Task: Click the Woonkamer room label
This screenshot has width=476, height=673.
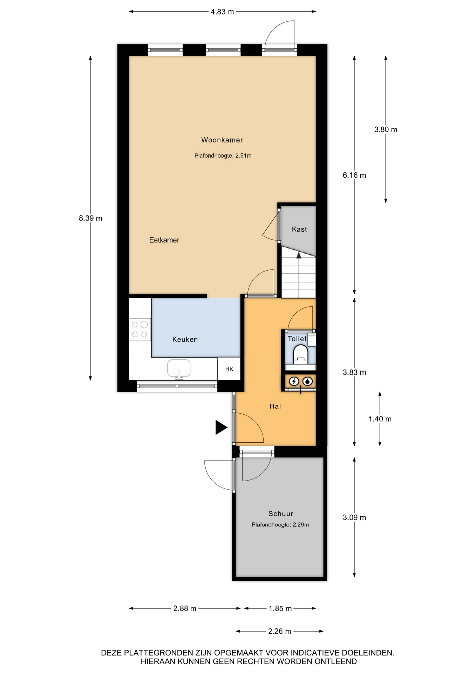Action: (x=222, y=140)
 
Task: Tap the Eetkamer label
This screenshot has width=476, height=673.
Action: (x=164, y=240)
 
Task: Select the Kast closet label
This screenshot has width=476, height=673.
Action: (x=299, y=229)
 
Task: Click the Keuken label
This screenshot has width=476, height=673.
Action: (x=185, y=339)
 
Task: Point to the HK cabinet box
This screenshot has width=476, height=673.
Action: (x=229, y=369)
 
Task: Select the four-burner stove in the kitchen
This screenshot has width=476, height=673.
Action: (x=140, y=329)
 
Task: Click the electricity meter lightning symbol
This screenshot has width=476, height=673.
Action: (x=294, y=381)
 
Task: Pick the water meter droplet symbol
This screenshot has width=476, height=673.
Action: (x=307, y=381)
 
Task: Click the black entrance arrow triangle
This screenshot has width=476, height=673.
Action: (x=221, y=427)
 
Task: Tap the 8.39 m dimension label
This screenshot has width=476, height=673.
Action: (x=90, y=218)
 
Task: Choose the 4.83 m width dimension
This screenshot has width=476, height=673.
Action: (x=222, y=12)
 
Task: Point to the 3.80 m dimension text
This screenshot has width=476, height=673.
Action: (x=386, y=130)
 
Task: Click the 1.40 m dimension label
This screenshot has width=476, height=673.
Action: (x=380, y=419)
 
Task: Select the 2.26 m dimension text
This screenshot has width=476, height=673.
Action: (x=279, y=632)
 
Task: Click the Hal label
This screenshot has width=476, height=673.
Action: (x=275, y=407)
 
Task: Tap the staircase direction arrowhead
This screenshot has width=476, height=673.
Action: (x=299, y=255)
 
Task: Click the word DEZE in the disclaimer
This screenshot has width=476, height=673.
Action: (x=111, y=653)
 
